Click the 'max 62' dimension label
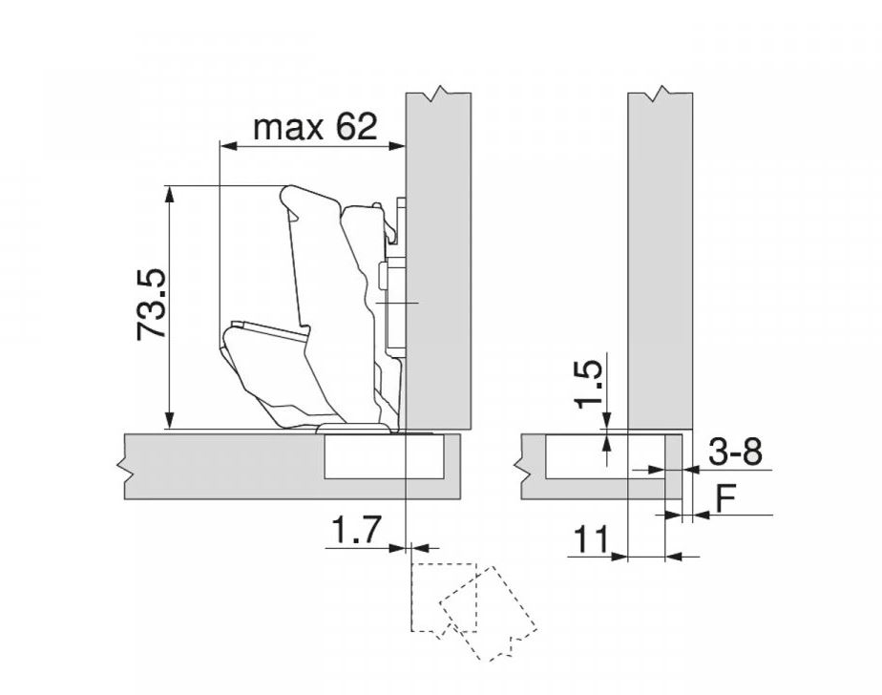pyautogui.click(x=315, y=127)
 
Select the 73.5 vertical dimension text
pyautogui.click(x=152, y=305)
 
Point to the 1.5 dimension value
pyautogui.click(x=588, y=385)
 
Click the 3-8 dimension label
pyautogui.click(x=735, y=452)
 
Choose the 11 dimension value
pyautogui.click(x=591, y=539)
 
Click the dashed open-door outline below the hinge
pyautogui.click(x=472, y=611)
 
